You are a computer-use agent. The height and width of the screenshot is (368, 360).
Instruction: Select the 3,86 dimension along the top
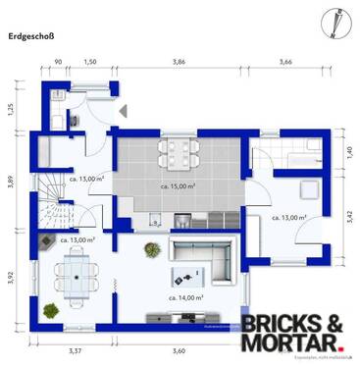(x=179, y=62)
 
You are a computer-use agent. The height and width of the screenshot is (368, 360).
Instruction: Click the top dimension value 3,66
(x=285, y=62)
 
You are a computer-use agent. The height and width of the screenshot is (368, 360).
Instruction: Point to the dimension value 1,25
(x=11, y=108)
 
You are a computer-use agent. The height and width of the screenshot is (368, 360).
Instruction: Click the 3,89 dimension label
(x=11, y=181)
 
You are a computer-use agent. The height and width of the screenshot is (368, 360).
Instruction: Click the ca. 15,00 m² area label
(x=178, y=184)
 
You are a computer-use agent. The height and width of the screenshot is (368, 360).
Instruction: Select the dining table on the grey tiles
(x=179, y=151)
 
